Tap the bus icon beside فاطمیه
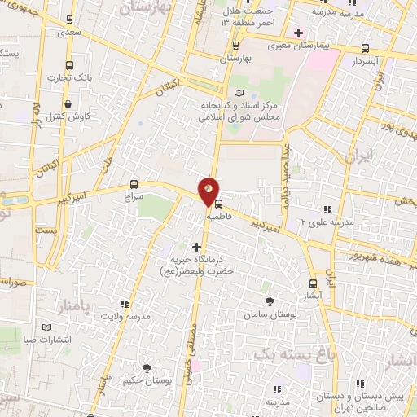coord(217,204)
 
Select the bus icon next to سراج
coord(134,184)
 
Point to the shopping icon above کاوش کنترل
coord(76,103)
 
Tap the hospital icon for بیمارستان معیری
coord(299,33)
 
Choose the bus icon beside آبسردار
coord(363,48)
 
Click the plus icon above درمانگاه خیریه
coord(196,245)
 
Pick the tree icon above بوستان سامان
coord(270,301)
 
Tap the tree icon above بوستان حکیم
coord(147,368)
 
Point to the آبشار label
coord(313,296)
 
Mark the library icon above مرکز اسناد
coord(239,94)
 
